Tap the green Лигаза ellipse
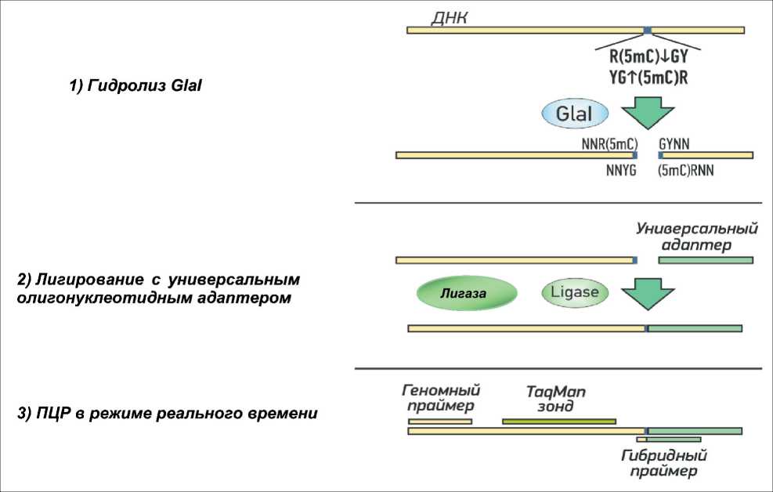pos(467,295)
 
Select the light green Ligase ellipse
pos(576,293)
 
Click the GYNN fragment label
pos(674,143)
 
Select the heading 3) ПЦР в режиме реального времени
pos(167,413)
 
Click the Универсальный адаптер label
pos(697,237)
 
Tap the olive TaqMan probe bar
pos(558,421)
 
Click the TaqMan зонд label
pos(556,399)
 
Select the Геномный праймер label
pos(440,397)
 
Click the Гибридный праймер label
pos(664,463)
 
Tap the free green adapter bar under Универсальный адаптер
pos(706,259)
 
